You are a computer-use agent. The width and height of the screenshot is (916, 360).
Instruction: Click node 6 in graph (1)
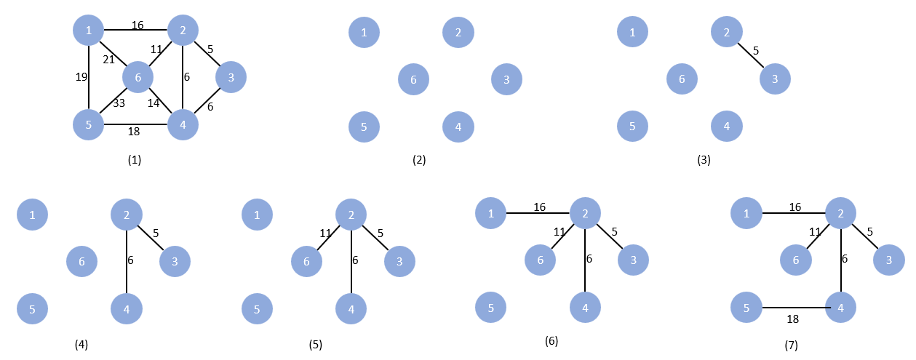138,77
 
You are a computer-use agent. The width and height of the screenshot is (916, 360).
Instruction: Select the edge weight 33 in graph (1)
119,103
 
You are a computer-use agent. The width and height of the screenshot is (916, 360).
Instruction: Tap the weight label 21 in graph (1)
108,60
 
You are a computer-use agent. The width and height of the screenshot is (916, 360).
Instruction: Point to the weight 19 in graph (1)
81,77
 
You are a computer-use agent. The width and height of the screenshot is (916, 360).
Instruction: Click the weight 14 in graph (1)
154,103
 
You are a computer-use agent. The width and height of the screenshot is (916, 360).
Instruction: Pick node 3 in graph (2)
506,79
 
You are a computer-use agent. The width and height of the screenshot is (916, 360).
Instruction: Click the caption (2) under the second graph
419,160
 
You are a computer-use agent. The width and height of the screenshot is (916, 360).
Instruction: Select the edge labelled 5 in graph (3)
751,55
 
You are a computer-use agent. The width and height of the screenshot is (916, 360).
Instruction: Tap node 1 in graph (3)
632,32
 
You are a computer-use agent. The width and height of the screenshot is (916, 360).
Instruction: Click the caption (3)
704,160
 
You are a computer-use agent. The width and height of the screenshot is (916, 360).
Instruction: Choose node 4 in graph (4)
127,309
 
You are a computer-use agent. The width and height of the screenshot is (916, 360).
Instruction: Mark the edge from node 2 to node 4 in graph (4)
127,262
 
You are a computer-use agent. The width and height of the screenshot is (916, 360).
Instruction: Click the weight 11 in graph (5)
325,233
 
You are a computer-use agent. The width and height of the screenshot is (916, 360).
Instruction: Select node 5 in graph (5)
257,309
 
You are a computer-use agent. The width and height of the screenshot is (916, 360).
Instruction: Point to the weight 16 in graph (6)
539,207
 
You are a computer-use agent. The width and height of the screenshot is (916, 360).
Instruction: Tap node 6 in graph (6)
540,260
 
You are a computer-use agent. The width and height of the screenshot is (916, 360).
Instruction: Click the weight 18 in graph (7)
792,319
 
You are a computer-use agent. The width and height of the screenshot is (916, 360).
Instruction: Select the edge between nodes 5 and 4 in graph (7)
793,308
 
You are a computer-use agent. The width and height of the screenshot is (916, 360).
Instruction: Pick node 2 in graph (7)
841,213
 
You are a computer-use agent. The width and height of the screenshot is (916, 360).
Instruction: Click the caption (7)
792,345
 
